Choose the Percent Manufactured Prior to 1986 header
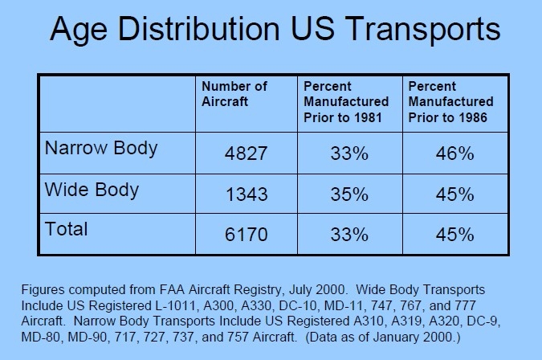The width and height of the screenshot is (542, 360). point(450,102)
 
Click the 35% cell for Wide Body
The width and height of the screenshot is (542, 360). point(349,194)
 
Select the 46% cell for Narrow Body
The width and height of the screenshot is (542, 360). point(454,152)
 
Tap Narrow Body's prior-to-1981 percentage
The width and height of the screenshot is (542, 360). point(349,152)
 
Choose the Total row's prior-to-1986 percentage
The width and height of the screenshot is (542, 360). point(454,234)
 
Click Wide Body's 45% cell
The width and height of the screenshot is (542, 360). point(454,194)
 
